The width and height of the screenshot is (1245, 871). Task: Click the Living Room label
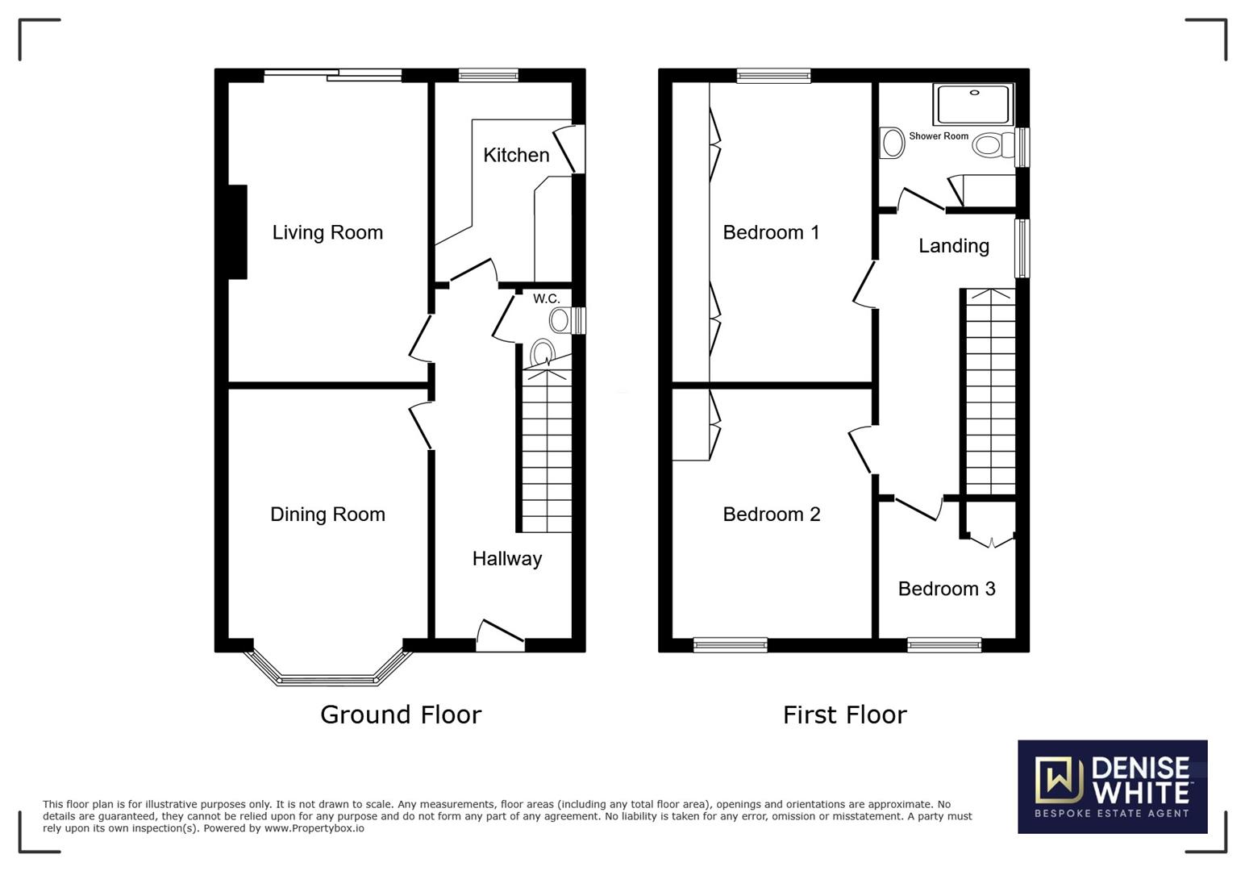[327, 232]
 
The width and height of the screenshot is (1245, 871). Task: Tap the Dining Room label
[327, 515]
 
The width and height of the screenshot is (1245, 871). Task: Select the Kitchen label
[516, 155]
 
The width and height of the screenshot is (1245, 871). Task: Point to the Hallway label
[507, 559]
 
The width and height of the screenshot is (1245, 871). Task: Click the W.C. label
[547, 299]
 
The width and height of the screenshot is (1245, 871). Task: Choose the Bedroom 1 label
[771, 232]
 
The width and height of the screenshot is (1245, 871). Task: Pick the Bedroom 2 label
[772, 515]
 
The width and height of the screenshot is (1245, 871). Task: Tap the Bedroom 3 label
[947, 589]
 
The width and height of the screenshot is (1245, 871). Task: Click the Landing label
[954, 246]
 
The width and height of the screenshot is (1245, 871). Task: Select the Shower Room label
[939, 136]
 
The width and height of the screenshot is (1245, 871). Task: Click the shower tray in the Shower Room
[974, 104]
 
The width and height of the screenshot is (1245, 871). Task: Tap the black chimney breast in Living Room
[238, 231]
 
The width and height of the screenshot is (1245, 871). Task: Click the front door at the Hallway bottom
[500, 636]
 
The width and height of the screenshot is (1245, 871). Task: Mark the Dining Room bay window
[327, 668]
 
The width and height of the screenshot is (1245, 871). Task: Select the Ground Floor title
[401, 715]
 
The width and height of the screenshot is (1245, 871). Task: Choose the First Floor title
[845, 715]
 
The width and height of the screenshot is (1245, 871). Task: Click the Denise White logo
[1113, 787]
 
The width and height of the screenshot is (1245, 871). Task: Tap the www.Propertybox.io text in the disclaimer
[314, 828]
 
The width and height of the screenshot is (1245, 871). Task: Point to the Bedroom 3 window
[944, 644]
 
